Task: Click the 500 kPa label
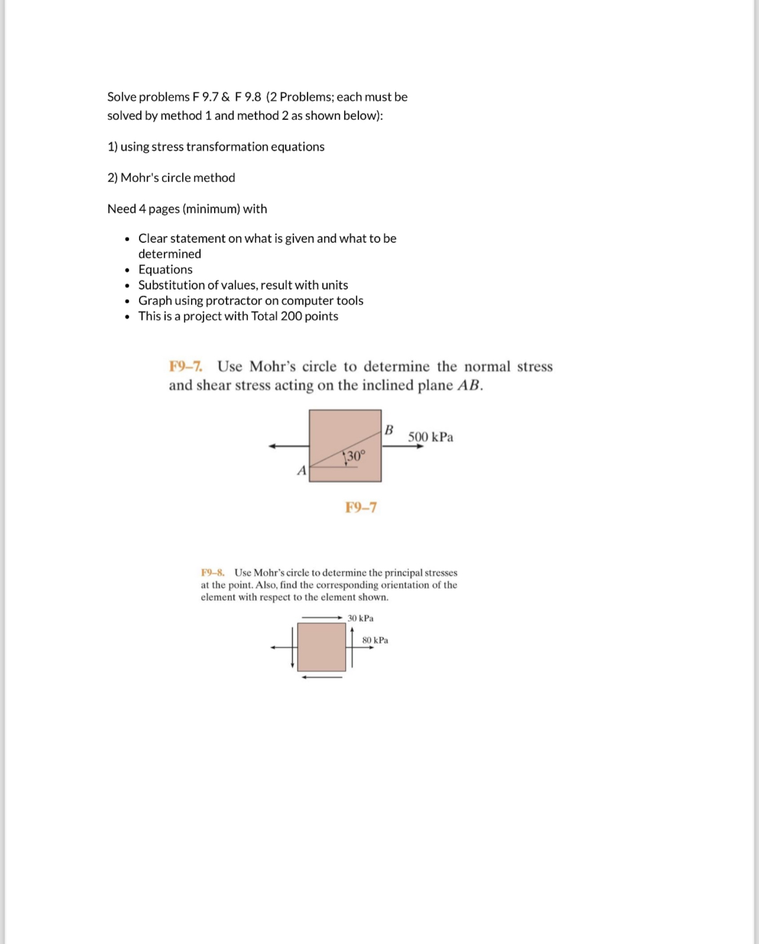[x=430, y=437]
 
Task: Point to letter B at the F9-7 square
[x=389, y=430]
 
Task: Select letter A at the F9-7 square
[x=301, y=471]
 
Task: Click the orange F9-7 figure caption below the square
[x=361, y=507]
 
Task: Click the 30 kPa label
[x=360, y=618]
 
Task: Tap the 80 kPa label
[x=375, y=640]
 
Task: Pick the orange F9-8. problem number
[x=212, y=572]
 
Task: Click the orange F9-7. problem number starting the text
[x=186, y=366]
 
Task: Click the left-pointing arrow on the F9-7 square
[x=288, y=446]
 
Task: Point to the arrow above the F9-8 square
[x=322, y=618]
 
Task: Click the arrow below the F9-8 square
[x=322, y=677]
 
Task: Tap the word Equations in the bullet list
[x=166, y=270]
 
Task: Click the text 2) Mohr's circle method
[x=171, y=178]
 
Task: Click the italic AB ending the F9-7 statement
[x=469, y=385]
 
